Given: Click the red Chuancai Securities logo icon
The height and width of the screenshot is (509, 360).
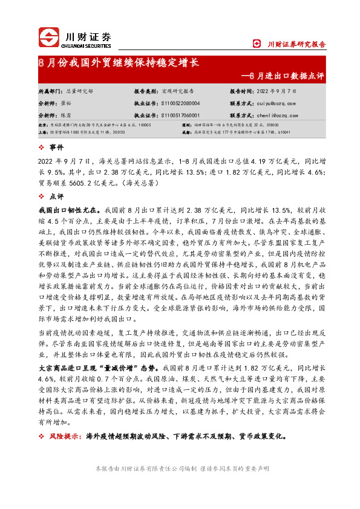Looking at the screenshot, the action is pos(48,37).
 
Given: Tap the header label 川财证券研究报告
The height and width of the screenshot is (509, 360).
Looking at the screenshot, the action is pos(296,44).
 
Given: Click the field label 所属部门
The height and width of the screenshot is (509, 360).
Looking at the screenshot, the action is pos(50,91).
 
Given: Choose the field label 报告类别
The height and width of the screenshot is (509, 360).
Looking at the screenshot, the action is pos(145,91).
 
